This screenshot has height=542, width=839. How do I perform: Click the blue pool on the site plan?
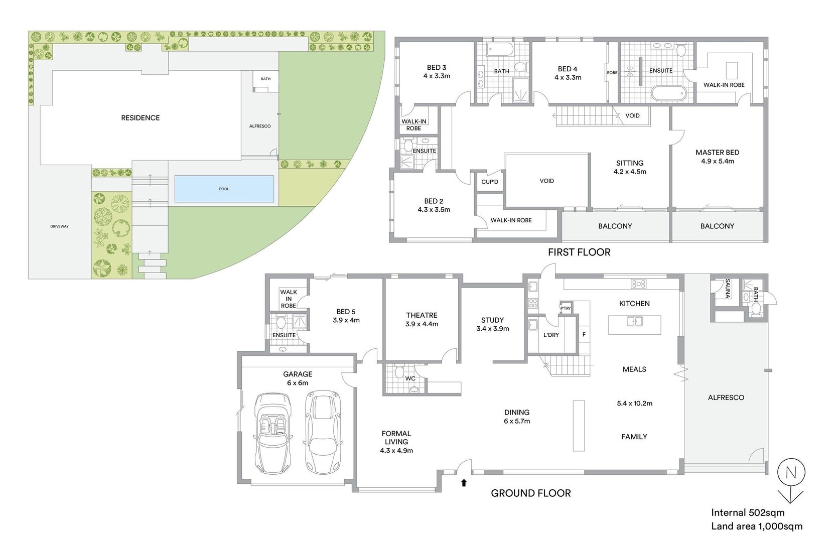224,189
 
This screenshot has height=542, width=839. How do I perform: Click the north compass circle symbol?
791,473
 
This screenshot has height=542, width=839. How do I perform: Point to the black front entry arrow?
464,483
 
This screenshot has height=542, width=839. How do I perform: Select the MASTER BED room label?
717,153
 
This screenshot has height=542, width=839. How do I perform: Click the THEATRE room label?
422,315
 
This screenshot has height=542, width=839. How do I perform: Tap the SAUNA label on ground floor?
728,289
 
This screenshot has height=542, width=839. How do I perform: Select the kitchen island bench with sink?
634,324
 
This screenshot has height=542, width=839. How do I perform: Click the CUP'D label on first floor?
490,182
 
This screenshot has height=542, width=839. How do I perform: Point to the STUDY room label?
492,320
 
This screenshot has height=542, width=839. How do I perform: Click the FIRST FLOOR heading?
579,252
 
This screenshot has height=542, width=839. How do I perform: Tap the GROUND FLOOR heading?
530,493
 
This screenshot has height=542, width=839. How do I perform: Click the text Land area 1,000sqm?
756,526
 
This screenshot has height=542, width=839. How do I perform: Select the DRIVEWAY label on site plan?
59,226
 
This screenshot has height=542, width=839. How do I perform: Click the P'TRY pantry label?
566,308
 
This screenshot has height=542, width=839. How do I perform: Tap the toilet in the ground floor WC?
399,372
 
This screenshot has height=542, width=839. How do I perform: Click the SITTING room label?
630,163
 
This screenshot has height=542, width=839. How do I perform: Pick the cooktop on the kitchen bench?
639,284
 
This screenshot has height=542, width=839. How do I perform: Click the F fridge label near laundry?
584,334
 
